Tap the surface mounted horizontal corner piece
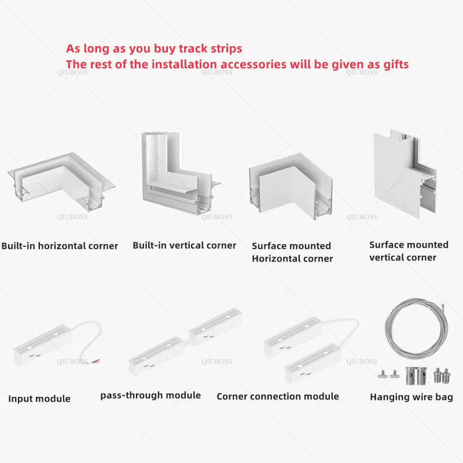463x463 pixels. (291, 186)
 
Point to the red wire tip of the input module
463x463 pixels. (96, 361)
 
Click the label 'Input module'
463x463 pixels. (39, 399)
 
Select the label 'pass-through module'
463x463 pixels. (150, 395)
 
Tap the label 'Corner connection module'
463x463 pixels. (278, 396)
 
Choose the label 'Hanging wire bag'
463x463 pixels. (411, 397)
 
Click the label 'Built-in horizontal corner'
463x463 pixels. (60, 245)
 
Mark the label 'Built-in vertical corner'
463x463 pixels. (184, 245)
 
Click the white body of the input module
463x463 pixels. (42, 345)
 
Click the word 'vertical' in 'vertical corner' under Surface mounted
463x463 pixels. (385, 258)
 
